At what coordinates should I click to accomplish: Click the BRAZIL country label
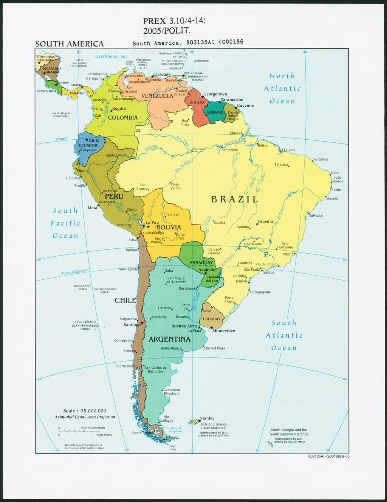234,199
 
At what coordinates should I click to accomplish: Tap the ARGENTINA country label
169,339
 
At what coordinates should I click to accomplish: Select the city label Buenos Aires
184,326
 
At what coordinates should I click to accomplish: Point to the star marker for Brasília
257,224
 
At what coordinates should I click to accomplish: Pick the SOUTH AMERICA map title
69,44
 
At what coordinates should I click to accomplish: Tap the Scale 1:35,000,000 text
85,411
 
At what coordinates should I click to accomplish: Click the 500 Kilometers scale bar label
93,428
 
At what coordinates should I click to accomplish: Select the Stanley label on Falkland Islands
207,418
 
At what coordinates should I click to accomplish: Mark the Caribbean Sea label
111,56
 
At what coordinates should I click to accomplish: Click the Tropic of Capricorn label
75,272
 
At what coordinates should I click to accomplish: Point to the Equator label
62,139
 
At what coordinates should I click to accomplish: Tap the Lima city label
92,207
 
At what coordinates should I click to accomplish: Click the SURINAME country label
214,112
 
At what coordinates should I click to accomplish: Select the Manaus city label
198,148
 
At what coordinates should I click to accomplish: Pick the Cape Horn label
172,447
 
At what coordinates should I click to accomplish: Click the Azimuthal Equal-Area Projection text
85,417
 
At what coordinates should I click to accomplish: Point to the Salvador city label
316,215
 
